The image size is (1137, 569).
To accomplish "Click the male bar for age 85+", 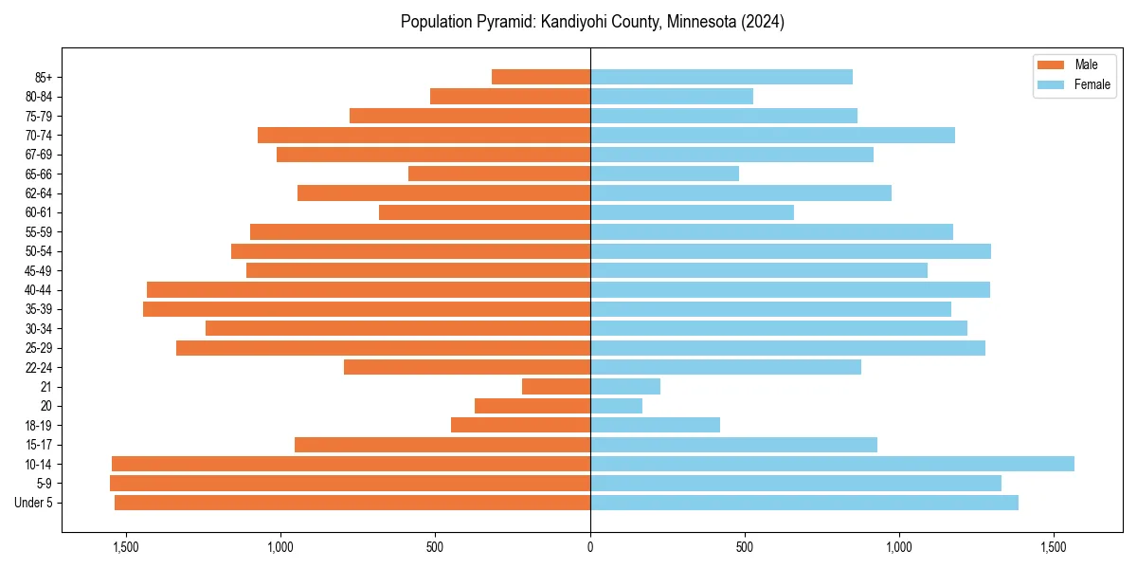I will point(541,77).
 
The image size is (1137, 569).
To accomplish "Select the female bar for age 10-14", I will point(832,464).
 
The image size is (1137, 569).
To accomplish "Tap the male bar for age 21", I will point(556,386).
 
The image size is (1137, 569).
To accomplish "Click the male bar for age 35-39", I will point(367,309).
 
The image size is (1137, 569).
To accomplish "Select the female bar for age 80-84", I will point(672,96).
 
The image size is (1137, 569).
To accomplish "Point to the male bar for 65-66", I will point(499,174).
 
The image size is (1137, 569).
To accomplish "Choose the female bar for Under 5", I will point(804,503).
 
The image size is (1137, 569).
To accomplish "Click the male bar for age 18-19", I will point(520,425).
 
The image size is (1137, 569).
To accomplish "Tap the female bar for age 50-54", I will point(790,251).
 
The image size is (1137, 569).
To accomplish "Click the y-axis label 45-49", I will point(38,270).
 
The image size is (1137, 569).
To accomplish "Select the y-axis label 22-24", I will point(38,367).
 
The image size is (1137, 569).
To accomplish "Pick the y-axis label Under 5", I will point(34,503).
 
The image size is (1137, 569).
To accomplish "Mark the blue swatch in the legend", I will point(1052,84).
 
